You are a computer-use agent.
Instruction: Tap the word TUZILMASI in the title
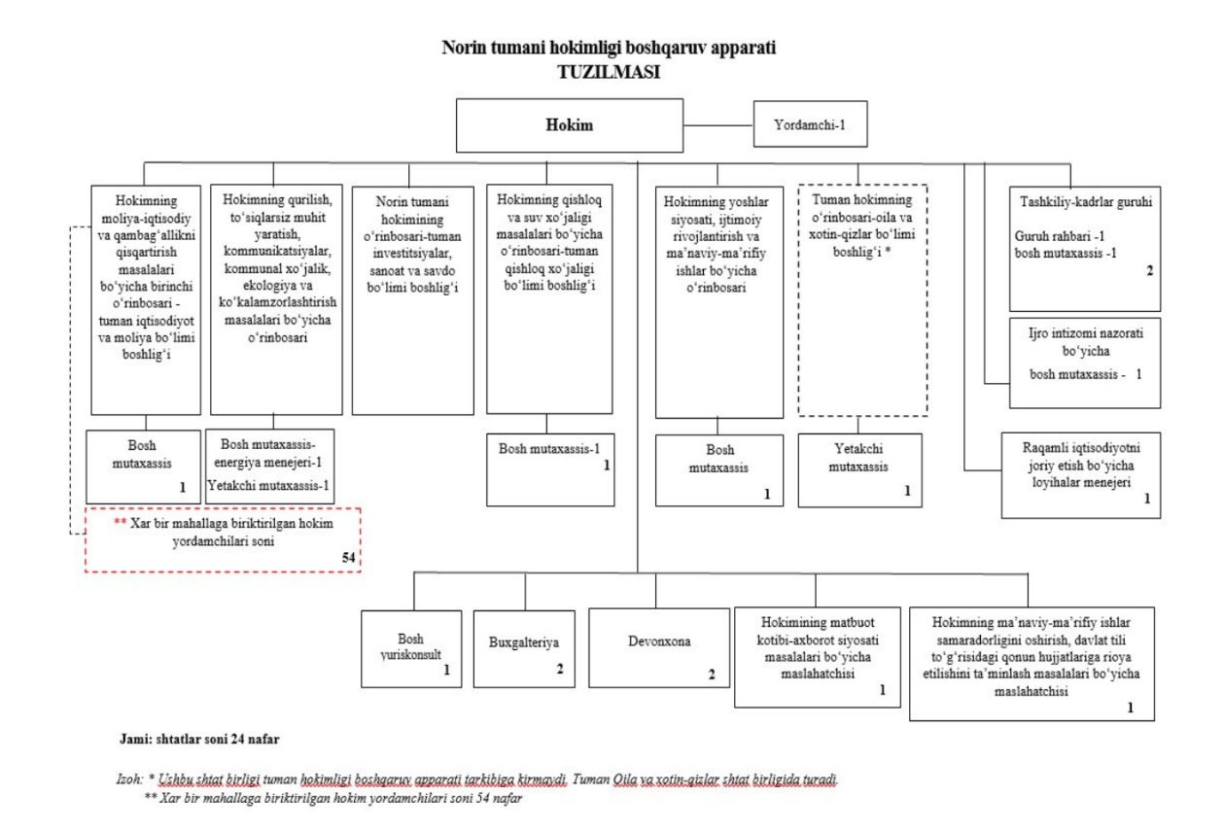point(609,71)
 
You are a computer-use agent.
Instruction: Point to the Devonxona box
point(659,643)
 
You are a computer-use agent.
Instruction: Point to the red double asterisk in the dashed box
point(120,522)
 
